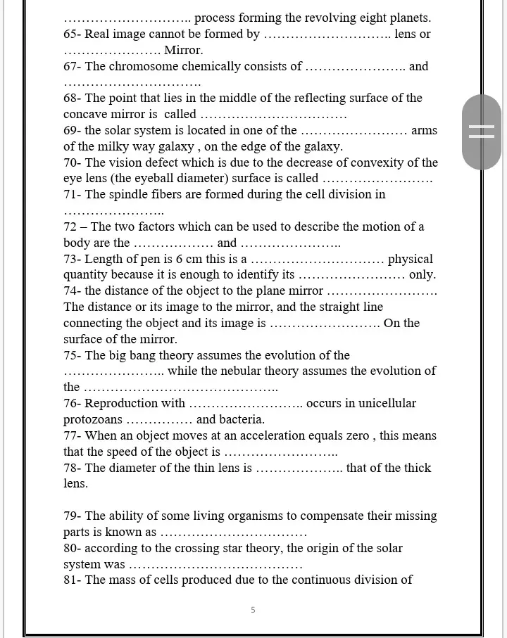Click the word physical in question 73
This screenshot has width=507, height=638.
(411, 259)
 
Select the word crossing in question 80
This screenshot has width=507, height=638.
(180, 548)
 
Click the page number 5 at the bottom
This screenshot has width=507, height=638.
(253, 610)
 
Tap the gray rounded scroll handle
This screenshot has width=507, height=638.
(482, 132)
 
